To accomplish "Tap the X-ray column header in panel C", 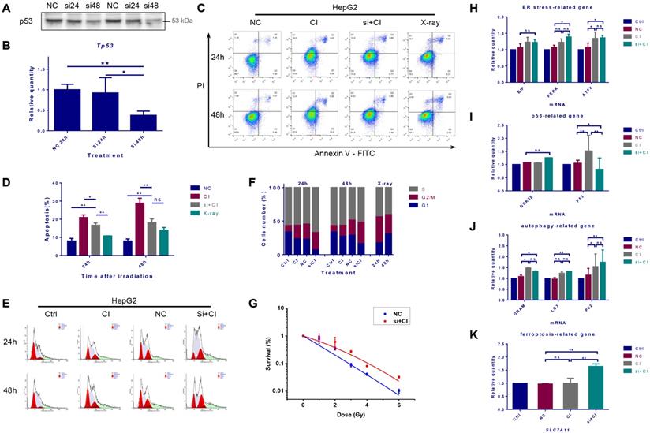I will pos(425,33).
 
